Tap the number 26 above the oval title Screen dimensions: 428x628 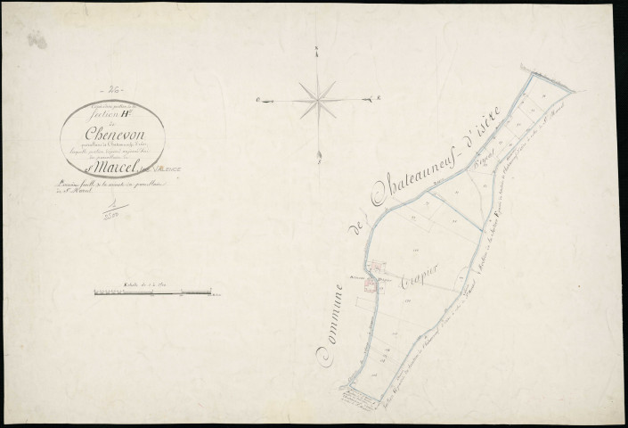pyautogui.click(x=113, y=92)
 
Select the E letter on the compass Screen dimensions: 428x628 pyautogui.click(x=379, y=97)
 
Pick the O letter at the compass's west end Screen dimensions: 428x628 pyautogui.click(x=257, y=100)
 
